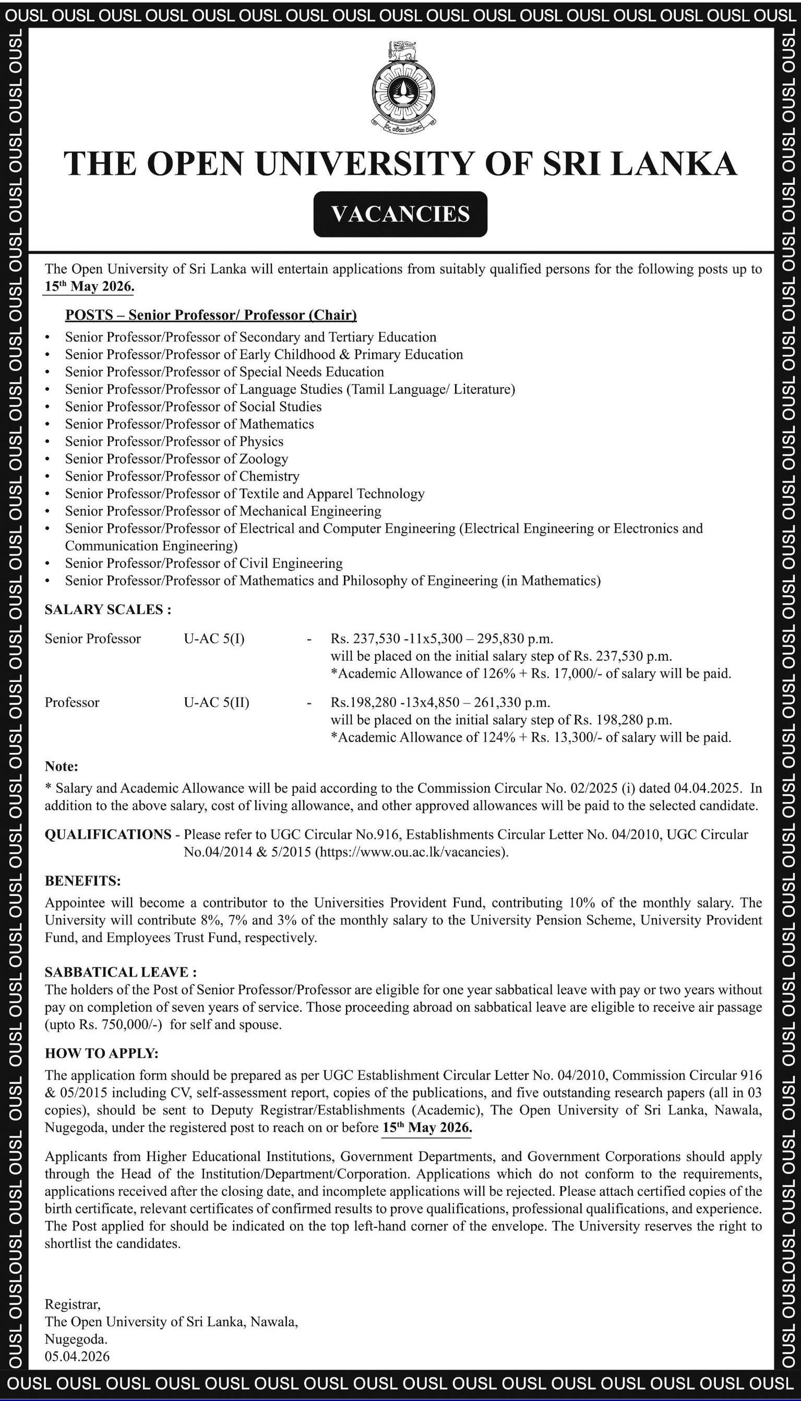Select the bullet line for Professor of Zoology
pyautogui.click(x=176, y=459)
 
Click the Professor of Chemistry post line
pyautogui.click(x=182, y=476)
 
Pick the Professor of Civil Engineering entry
pyautogui.click(x=204, y=563)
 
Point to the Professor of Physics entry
pyautogui.click(x=174, y=442)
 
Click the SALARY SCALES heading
pyautogui.click(x=108, y=609)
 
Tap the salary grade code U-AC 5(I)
pyautogui.click(x=214, y=639)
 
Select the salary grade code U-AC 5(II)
pyautogui.click(x=216, y=702)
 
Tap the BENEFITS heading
pyautogui.click(x=82, y=881)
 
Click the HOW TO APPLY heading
pyautogui.click(x=102, y=1054)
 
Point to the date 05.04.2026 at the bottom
pyautogui.click(x=77, y=1357)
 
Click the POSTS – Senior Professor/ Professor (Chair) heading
pyautogui.click(x=211, y=315)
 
